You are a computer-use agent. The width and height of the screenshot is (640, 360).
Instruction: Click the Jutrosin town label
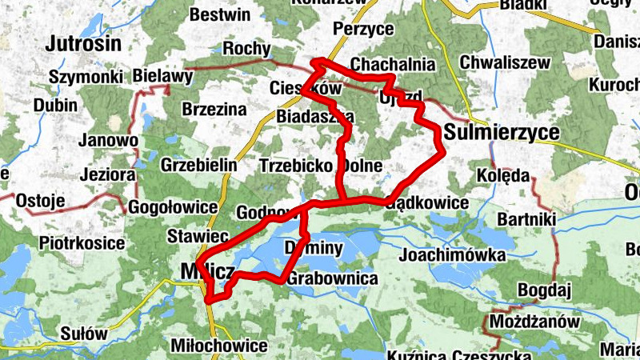pos(83,43)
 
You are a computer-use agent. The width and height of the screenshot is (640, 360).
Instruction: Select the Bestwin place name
pos(220,14)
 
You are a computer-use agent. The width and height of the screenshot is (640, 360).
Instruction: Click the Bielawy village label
pos(162,77)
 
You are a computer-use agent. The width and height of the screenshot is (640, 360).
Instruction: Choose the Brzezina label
pos(214,110)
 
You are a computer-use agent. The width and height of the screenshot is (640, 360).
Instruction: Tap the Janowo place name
pos(106,140)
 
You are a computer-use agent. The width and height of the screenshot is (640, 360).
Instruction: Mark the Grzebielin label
pos(199,165)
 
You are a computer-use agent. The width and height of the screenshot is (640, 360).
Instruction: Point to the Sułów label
pos(82,334)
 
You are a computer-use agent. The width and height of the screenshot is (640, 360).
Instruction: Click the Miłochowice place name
pos(219,346)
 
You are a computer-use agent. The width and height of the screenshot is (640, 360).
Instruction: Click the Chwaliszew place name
pos(506,62)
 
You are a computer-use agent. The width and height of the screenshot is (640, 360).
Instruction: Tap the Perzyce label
pos(364,29)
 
